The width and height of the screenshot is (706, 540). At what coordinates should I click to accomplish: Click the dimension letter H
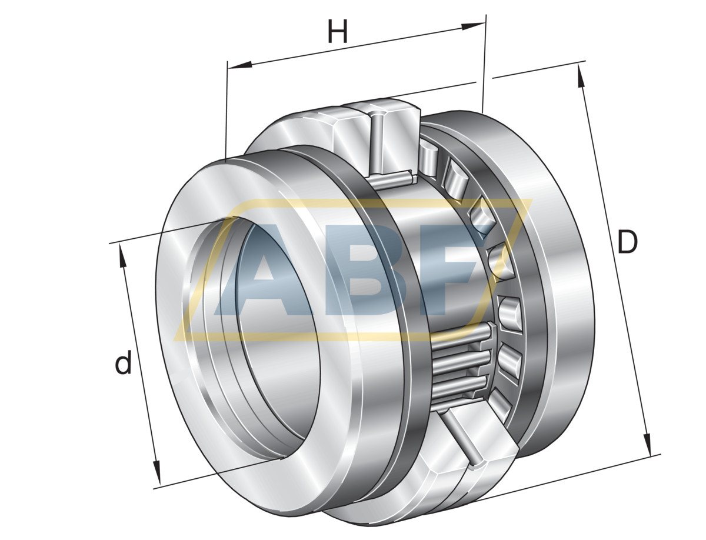pyautogui.click(x=337, y=31)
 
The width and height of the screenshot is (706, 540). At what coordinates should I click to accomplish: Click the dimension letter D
pyautogui.click(x=627, y=242)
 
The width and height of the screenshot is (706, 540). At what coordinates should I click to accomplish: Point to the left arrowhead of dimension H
pyautogui.click(x=239, y=64)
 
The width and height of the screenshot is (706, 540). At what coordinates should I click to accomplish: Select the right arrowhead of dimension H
pyautogui.click(x=473, y=26)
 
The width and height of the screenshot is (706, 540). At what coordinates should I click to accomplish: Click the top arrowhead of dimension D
pyautogui.click(x=580, y=76)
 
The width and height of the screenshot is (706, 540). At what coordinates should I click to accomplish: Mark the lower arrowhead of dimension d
pyautogui.click(x=156, y=472)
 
